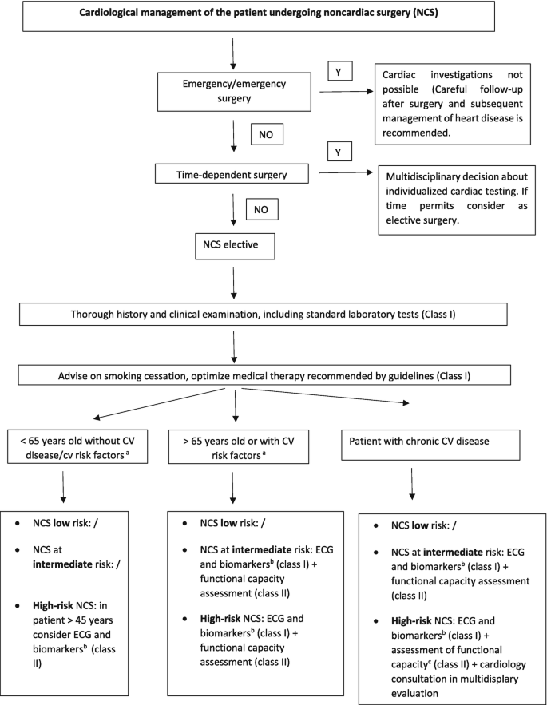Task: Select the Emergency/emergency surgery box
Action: (x=232, y=92)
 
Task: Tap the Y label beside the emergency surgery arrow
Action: (x=339, y=71)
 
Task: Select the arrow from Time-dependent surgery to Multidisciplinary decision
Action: (x=344, y=172)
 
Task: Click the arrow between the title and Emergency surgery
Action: (x=232, y=51)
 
